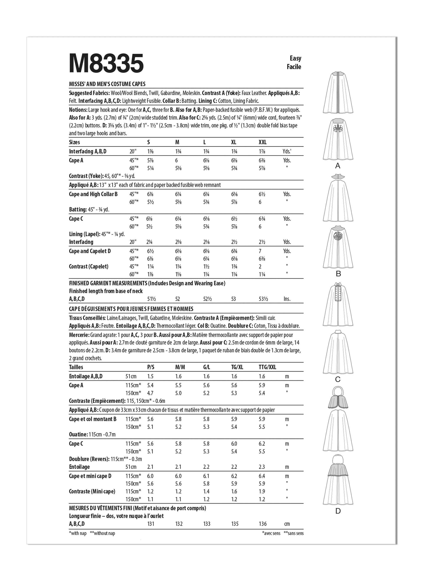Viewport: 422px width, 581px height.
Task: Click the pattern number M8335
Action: pos(106,63)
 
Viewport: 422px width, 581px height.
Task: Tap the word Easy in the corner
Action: pos(295,58)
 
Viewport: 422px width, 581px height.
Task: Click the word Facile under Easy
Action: pos(294,67)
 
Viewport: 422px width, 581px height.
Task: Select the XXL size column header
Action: pos(263,142)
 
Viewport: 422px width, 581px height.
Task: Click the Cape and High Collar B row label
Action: pos(93,194)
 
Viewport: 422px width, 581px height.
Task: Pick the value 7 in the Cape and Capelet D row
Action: pos(260,251)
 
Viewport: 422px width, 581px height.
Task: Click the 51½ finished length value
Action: pos(151,299)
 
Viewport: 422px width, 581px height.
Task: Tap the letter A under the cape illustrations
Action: pos(338,166)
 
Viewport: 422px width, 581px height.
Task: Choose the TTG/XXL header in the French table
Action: pos(267,367)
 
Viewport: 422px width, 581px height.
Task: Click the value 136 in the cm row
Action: pos(263,524)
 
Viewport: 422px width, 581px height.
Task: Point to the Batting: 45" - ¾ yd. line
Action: pos(89,210)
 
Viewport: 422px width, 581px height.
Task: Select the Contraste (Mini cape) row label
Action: pos(92,491)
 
